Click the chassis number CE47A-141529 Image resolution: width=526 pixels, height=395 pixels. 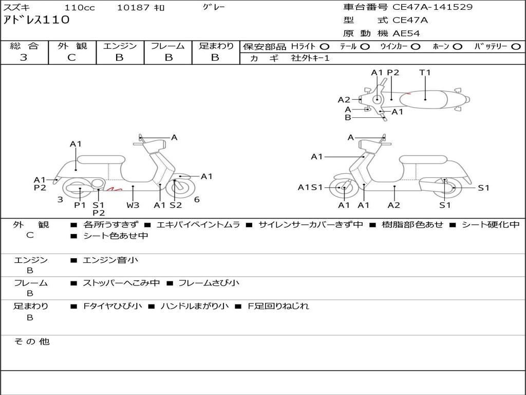[433, 7]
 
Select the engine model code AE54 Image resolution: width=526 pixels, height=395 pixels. [406, 33]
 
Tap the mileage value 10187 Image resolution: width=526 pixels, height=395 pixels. [133, 8]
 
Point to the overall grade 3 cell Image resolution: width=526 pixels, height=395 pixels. [24, 58]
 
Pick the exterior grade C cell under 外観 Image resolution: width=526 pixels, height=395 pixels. [72, 58]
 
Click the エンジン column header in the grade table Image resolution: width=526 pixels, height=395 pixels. [120, 46]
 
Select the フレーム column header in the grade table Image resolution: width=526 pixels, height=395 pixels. [167, 46]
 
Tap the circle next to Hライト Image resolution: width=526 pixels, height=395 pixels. [325, 46]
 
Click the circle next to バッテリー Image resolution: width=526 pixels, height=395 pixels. [516, 46]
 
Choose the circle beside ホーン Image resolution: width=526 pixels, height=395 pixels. [458, 46]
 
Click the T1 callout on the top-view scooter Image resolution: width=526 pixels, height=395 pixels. [425, 73]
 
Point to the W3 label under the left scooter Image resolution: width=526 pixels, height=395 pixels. [133, 205]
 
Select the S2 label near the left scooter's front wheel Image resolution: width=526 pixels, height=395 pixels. [176, 205]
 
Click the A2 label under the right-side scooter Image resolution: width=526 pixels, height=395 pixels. [394, 205]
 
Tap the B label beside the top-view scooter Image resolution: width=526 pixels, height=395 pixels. [348, 117]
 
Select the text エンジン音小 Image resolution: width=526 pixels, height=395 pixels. [110, 260]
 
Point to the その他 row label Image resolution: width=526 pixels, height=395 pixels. [31, 342]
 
